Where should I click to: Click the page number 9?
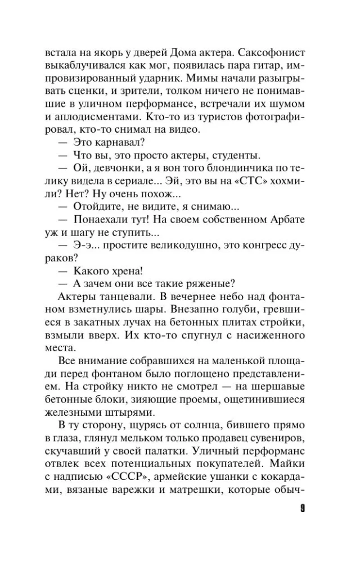[x=302, y=509]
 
